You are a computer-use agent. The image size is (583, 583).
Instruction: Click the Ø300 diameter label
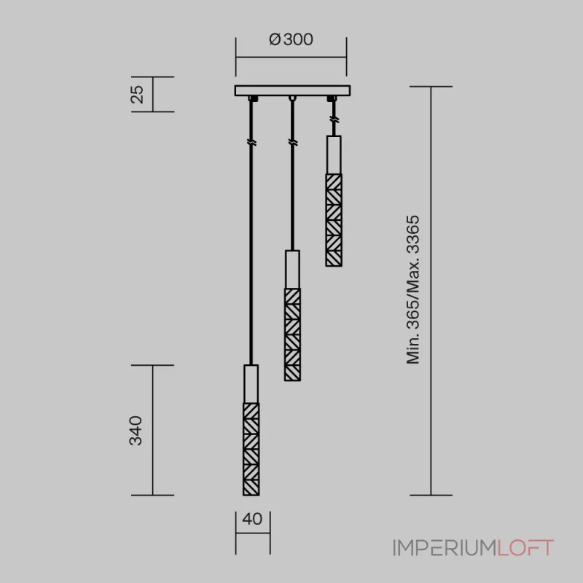coord(291,39)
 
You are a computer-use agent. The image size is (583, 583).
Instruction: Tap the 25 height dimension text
coord(137,95)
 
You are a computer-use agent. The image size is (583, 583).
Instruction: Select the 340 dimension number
coord(136,431)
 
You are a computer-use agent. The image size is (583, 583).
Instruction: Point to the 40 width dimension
coord(252,519)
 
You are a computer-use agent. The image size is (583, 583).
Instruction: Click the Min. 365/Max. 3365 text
coord(413,289)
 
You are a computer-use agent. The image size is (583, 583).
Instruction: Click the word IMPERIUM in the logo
coord(445,548)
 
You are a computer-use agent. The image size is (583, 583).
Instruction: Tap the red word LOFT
coord(525,548)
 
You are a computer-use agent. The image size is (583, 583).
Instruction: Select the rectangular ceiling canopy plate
coord(292,90)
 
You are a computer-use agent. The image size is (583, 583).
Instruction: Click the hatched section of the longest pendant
coord(251,449)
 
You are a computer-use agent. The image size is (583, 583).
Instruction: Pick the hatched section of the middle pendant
coord(293,334)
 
